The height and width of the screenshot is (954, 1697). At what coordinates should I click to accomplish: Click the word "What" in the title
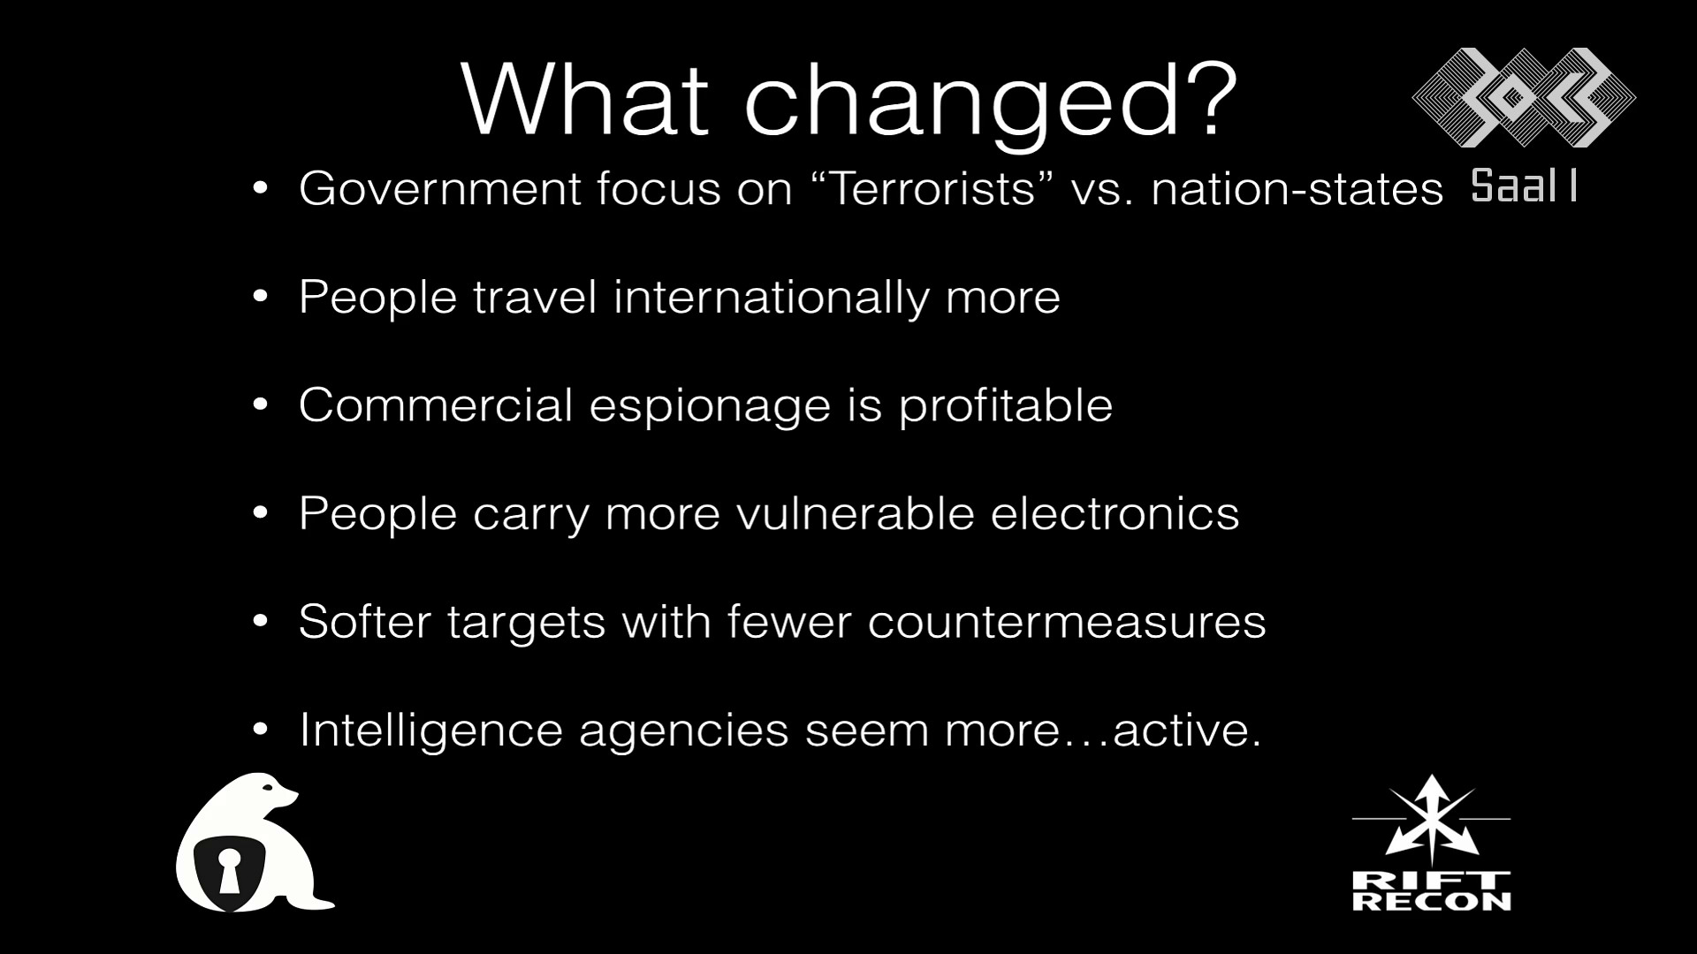pos(584,98)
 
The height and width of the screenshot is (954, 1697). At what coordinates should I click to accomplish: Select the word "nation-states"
pos(1297,189)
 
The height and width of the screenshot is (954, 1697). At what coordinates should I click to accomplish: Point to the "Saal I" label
pos(1525,186)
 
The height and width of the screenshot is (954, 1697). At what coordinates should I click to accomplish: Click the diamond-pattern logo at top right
pos(1524,97)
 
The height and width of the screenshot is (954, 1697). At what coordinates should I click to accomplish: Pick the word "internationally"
pos(772,298)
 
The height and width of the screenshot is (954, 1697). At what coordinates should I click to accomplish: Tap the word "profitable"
pos(1006,405)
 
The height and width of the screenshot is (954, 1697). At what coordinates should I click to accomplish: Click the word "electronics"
pos(1115,513)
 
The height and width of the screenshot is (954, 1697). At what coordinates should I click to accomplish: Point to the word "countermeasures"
pos(1067,622)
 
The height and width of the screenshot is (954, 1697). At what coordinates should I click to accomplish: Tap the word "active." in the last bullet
pos(1187,730)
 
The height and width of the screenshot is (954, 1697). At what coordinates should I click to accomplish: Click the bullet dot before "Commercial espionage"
pos(260,405)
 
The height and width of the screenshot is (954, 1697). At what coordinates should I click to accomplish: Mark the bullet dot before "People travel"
pos(260,297)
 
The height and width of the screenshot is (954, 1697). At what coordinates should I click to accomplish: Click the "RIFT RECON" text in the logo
pos(1432,891)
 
